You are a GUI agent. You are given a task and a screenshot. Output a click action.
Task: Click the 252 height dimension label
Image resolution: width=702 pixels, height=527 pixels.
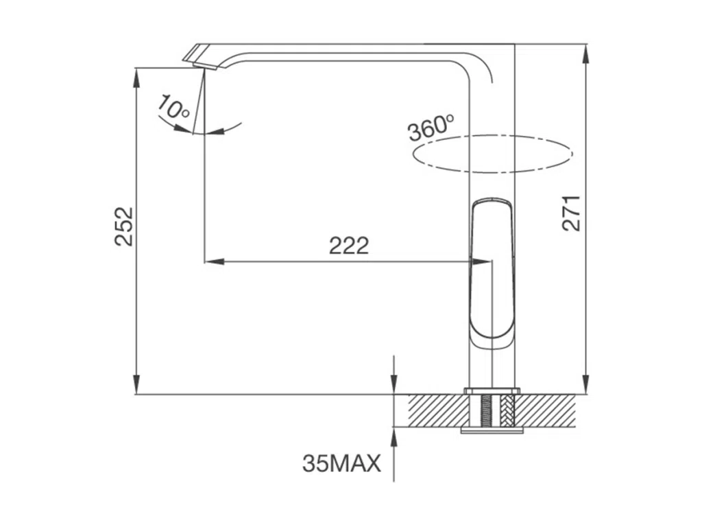124,226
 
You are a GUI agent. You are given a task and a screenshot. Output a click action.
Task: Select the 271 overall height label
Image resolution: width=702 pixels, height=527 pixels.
571,213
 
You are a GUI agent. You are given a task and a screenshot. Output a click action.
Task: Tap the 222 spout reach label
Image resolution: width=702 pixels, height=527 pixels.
349,246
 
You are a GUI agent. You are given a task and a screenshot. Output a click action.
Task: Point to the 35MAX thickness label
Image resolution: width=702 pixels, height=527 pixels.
341,463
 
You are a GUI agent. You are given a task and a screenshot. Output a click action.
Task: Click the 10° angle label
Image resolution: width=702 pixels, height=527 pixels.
173,107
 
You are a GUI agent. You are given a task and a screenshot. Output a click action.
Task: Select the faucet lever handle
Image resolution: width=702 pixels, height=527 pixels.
492,273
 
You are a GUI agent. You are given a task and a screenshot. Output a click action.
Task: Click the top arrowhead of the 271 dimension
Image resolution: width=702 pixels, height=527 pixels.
587,53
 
